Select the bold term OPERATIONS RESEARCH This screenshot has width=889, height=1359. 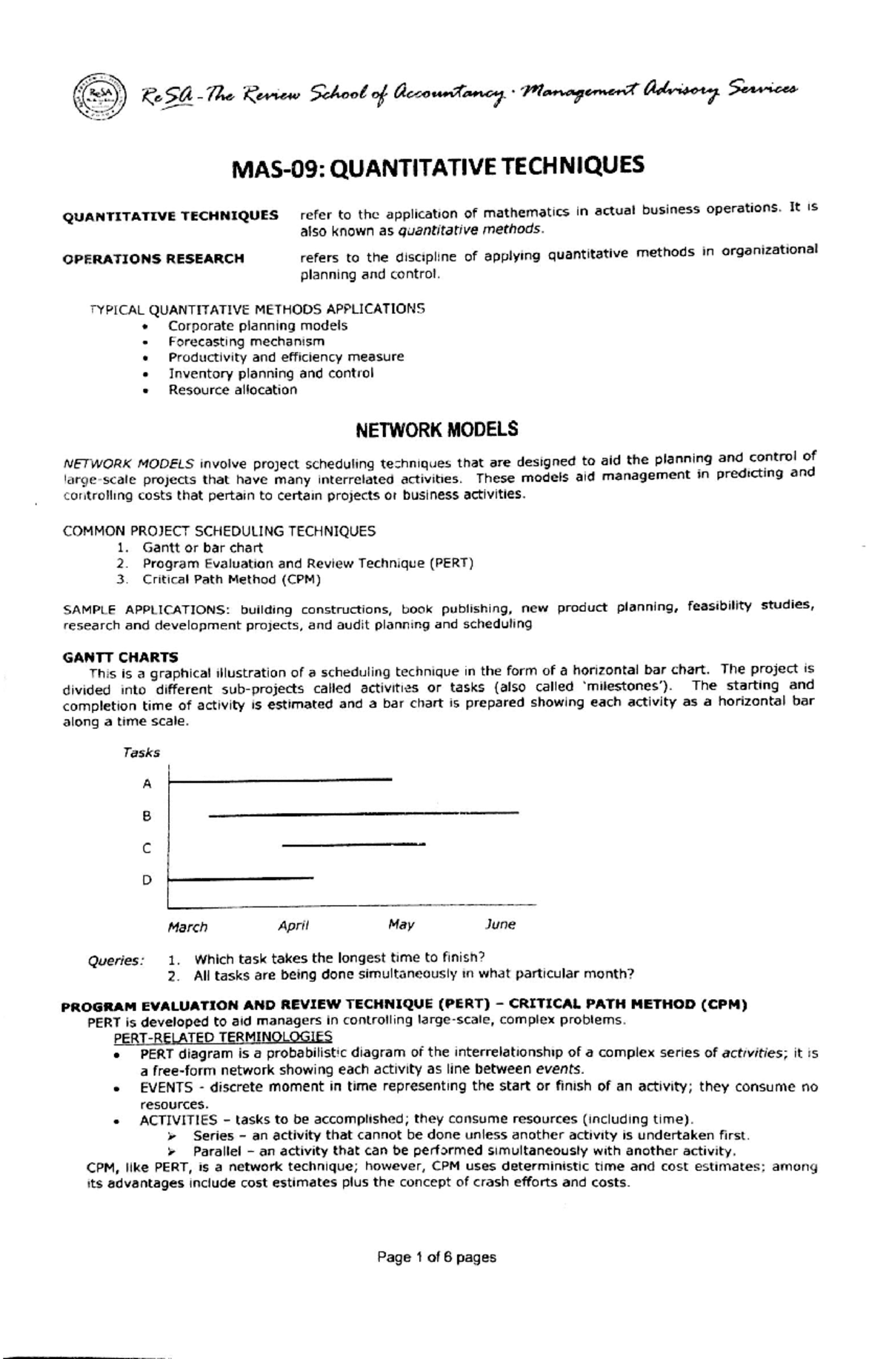coord(153,258)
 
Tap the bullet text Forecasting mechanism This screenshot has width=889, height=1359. coord(246,341)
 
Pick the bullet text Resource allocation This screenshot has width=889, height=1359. coord(233,390)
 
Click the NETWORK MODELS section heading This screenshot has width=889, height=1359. coord(436,430)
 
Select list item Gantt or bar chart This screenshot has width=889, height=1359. coord(202,547)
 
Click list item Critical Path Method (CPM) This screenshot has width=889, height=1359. coord(231,580)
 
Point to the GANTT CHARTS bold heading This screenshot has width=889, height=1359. coord(120,656)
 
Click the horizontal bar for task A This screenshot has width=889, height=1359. coord(282,779)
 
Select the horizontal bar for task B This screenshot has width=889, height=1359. coord(363,814)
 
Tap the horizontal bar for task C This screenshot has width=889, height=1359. coord(353,844)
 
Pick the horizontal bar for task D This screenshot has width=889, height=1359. coord(241,878)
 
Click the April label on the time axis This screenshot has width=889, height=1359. coord(293,925)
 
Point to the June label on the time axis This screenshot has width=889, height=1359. coord(500,924)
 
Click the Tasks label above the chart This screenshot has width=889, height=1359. coord(141,752)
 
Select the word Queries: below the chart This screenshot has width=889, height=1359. coord(116,961)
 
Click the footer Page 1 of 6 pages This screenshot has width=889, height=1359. coord(436,1257)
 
